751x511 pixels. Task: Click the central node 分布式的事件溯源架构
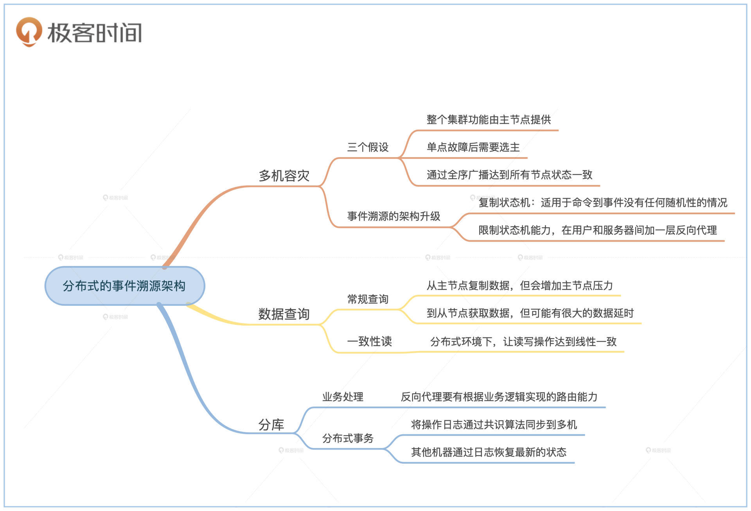(124, 286)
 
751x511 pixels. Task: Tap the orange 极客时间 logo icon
(29, 31)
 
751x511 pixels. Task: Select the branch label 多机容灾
(284, 176)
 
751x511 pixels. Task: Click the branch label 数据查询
(284, 314)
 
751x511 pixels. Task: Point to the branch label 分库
(271, 425)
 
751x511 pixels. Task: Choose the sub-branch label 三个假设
(368, 147)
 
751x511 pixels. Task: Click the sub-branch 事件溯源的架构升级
(393, 216)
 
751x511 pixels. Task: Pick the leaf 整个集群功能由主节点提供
(489, 120)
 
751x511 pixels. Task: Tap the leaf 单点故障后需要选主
(473, 147)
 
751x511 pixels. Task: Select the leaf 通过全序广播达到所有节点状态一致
(509, 175)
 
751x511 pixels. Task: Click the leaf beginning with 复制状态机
(602, 203)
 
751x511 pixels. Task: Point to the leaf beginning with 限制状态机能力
(597, 230)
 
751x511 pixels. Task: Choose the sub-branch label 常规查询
(368, 299)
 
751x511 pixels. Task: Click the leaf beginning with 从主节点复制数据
(519, 286)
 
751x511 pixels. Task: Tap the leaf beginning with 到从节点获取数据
(530, 313)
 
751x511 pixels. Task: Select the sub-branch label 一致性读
(369, 341)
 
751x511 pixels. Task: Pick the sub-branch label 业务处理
(343, 397)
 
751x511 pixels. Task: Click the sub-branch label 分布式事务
(348, 438)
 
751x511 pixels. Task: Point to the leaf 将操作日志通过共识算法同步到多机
(494, 425)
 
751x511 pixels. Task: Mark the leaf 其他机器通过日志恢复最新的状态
(489, 452)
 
